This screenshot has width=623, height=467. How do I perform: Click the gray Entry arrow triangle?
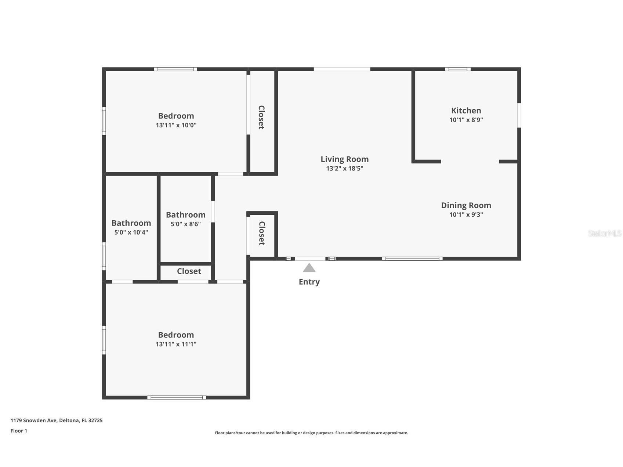309,268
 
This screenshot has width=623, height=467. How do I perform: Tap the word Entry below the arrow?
309,282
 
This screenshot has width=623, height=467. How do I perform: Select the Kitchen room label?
466,111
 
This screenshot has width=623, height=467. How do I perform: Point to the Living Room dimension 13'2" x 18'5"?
344,169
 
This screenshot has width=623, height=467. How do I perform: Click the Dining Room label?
466,206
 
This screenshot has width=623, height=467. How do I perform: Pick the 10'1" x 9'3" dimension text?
466,215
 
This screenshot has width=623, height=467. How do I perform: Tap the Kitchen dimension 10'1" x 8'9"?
466,120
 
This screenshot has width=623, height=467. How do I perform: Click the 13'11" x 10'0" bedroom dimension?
176,125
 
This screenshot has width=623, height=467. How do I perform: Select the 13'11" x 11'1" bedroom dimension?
176,344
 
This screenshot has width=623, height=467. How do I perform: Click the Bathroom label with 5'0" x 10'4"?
131,223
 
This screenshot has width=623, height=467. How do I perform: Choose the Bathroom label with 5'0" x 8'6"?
185,215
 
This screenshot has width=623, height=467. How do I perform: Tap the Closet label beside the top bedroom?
261,117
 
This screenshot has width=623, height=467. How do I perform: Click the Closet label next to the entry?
262,233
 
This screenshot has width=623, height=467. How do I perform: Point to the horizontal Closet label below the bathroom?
189,271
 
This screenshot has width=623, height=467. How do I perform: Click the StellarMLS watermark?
604,233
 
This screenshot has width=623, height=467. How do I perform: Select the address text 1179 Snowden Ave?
34,420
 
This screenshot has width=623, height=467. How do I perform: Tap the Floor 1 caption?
19,431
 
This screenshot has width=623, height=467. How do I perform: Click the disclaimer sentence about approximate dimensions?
311,433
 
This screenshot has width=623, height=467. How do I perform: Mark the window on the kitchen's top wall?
458,69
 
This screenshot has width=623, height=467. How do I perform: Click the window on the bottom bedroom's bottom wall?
177,397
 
